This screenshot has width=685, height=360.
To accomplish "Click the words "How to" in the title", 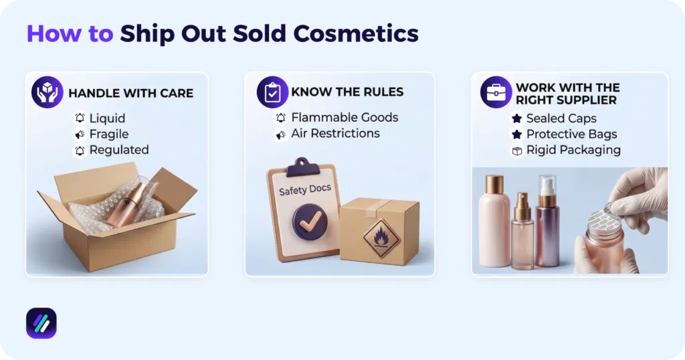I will coord(70,33).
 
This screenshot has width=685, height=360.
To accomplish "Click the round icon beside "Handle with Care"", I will coord(47,92).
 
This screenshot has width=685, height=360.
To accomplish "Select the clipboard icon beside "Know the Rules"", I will coord(272,92).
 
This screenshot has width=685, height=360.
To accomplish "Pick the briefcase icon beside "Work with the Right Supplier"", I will coord(496,92).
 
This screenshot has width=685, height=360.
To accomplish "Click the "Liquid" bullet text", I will coord(107,118).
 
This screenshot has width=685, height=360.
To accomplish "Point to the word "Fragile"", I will coord(109,134).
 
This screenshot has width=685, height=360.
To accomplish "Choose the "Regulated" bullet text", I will coord(119,150).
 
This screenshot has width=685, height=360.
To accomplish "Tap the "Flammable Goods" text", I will coord(345,118).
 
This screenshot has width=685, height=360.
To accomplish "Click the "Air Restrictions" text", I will coord(335,134).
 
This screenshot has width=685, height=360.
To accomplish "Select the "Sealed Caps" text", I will coord(562,118).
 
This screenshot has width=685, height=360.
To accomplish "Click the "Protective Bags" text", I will coord(571,134).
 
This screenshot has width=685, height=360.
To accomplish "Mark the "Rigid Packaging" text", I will coord(573,151).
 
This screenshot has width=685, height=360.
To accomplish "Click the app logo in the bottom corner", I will coord(41,324).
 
